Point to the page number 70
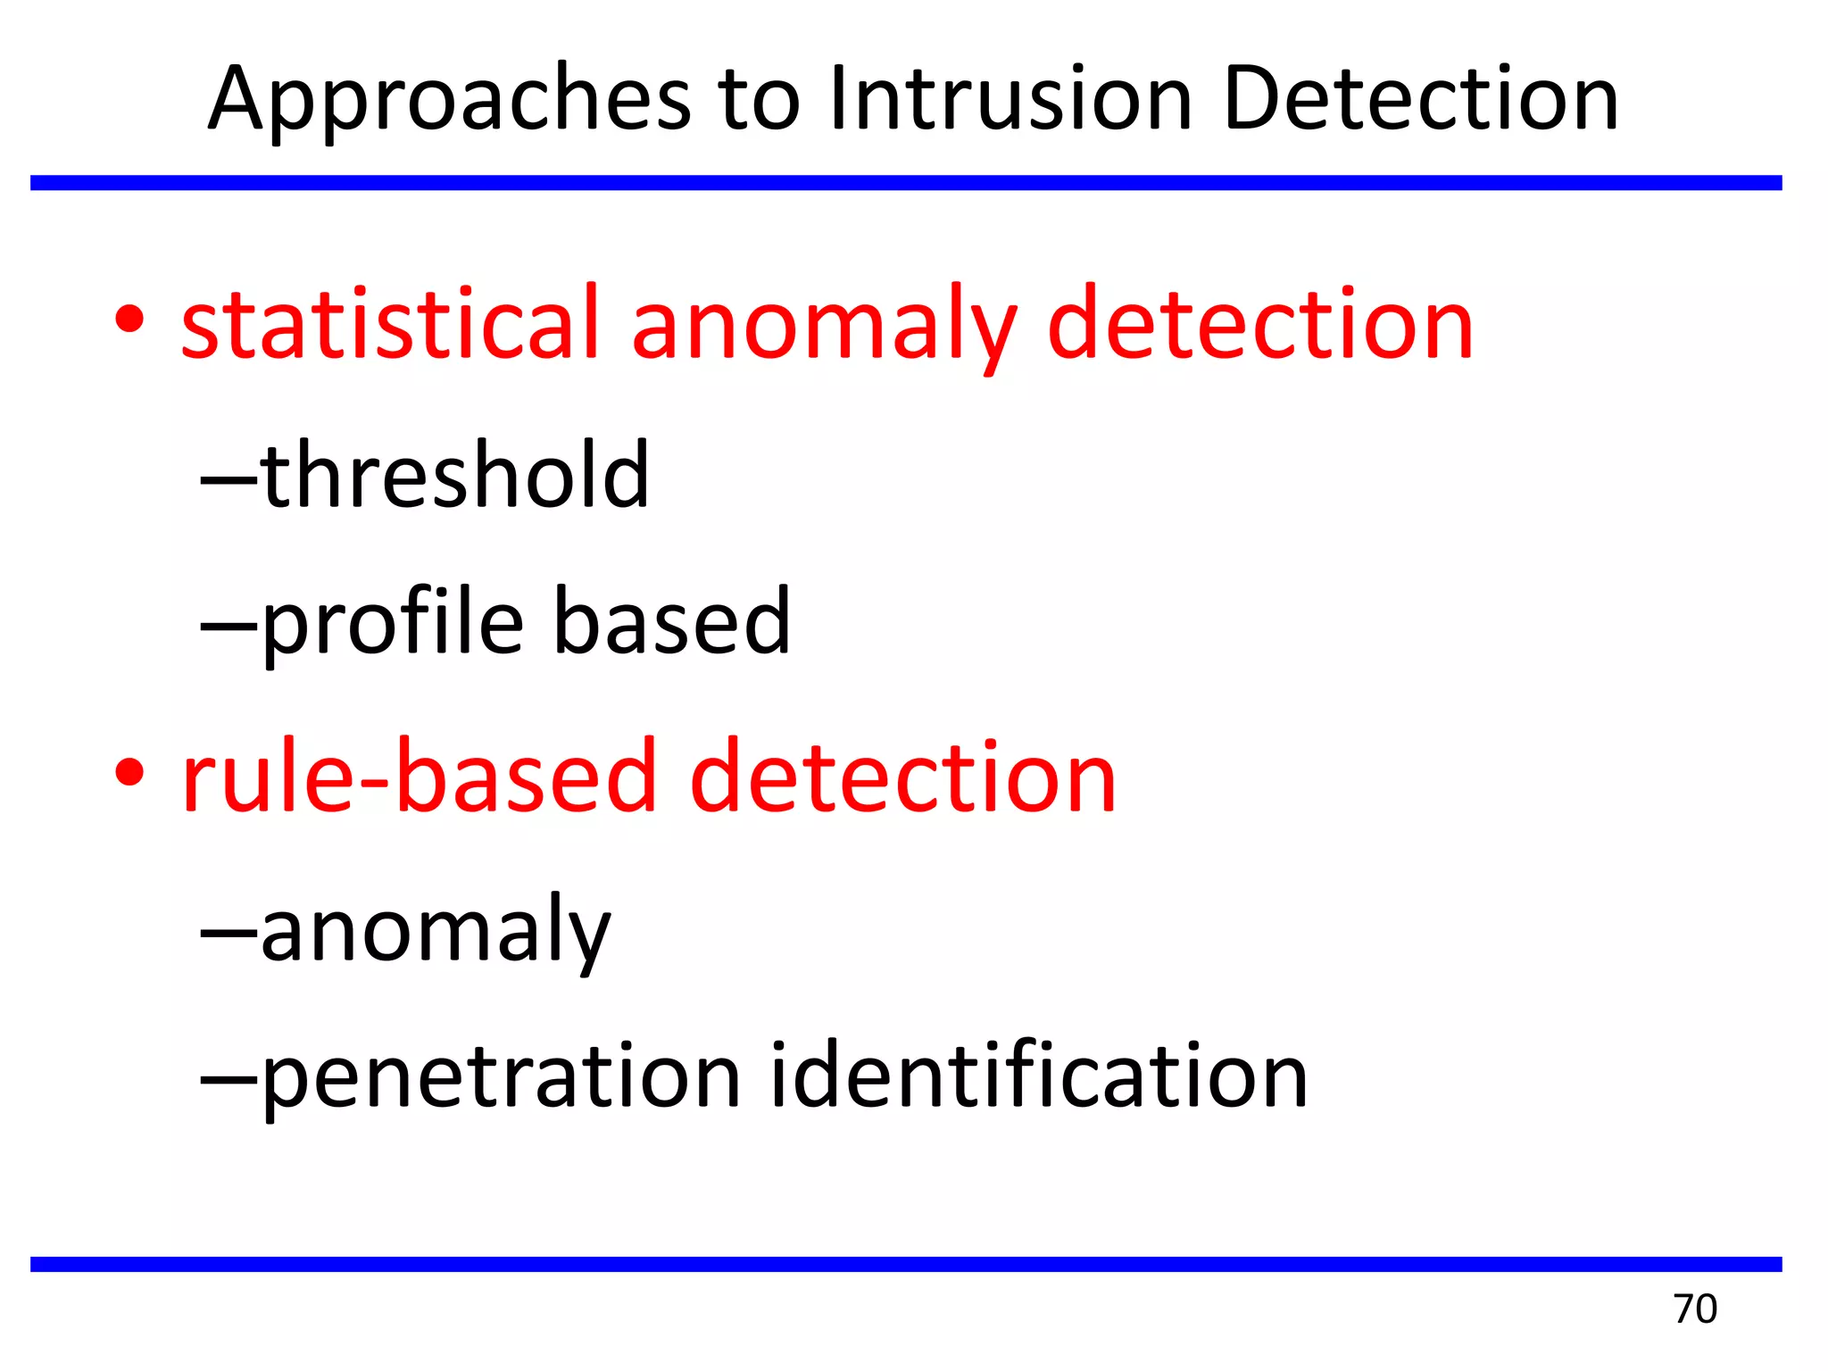(1695, 1309)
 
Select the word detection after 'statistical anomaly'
(1259, 323)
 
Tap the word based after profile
(671, 621)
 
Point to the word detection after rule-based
(902, 777)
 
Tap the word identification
(1039, 1076)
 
